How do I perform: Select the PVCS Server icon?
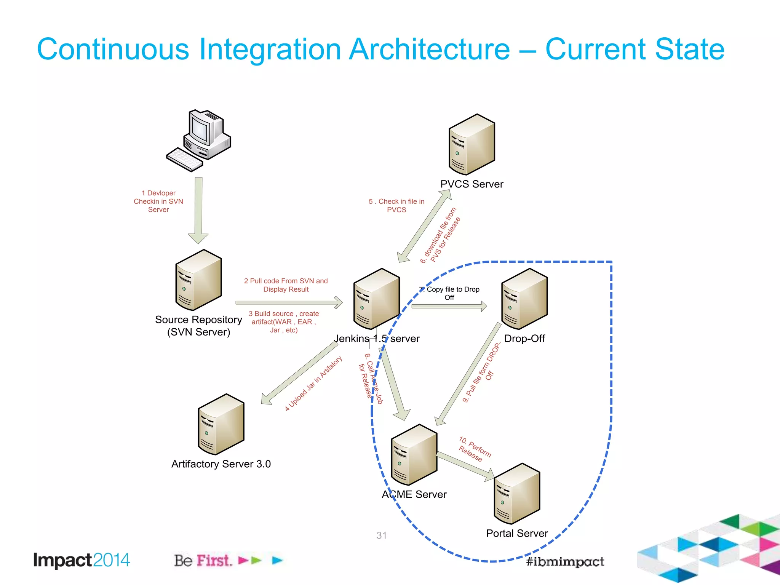(472, 145)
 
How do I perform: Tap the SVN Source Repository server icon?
(198, 280)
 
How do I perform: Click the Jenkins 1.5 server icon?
(376, 299)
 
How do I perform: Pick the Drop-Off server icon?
(524, 299)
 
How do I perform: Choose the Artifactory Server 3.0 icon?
(221, 424)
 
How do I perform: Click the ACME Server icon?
(414, 455)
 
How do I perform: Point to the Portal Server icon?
(517, 494)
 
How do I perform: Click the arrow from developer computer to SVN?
(198, 209)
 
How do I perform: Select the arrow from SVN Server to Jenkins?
(289, 303)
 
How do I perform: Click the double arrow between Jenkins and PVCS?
(424, 226)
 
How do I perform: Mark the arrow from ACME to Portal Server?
(465, 465)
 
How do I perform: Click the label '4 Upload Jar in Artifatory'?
(313, 384)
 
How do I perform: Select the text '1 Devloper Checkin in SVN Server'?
(158, 201)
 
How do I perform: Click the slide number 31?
(381, 535)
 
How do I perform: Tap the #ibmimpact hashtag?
(565, 561)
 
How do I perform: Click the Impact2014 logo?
(82, 560)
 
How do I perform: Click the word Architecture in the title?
(429, 50)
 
